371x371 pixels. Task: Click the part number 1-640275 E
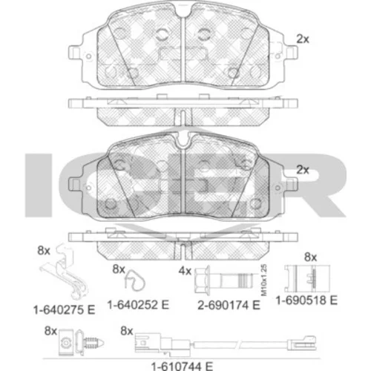pyautogui.click(x=65, y=310)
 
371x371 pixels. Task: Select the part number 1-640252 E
pyautogui.click(x=138, y=305)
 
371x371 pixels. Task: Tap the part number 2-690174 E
pyautogui.click(x=229, y=305)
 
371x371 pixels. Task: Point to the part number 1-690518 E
pyautogui.click(x=306, y=301)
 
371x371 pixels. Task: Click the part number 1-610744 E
pyautogui.click(x=182, y=366)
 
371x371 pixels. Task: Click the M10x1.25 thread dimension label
pyautogui.click(x=264, y=280)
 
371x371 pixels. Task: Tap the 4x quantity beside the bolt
pyautogui.click(x=185, y=272)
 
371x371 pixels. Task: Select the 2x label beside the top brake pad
pyautogui.click(x=303, y=39)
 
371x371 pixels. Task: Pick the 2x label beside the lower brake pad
pyautogui.click(x=303, y=170)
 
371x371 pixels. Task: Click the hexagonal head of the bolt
pyautogui.click(x=202, y=280)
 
